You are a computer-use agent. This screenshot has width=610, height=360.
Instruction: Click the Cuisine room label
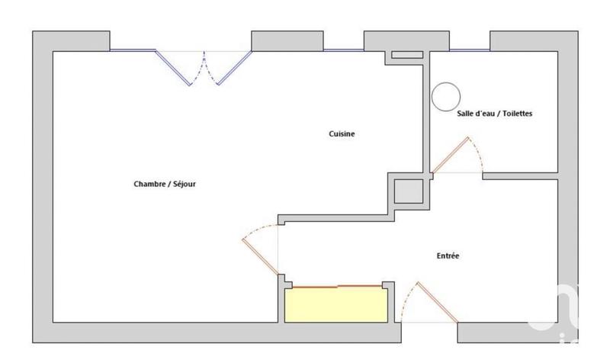click(x=342, y=134)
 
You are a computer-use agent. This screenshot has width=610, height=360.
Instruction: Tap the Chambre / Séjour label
click(x=165, y=184)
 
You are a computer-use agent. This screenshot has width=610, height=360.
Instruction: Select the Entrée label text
click(x=448, y=256)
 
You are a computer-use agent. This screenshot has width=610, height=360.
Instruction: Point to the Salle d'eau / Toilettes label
click(x=494, y=113)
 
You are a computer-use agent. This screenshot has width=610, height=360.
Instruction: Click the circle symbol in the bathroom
click(x=445, y=97)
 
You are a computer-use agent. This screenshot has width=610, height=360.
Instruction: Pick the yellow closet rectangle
click(x=336, y=305)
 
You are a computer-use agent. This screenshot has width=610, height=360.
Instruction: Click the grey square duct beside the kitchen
click(x=408, y=191)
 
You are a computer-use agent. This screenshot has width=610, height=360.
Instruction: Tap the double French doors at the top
click(x=204, y=67)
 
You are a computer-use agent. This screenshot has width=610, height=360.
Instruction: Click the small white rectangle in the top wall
click(x=406, y=55)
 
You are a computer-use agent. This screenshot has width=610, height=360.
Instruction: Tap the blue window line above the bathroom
click(x=469, y=50)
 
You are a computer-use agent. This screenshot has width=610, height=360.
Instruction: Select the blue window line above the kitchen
click(x=343, y=50)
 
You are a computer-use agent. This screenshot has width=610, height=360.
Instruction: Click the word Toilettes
click(x=515, y=113)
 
